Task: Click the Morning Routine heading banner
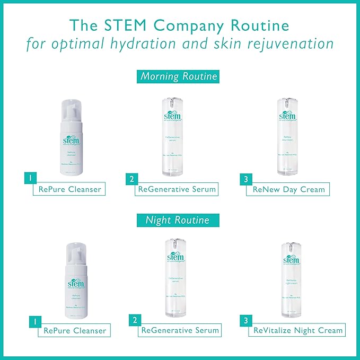tap(179, 76)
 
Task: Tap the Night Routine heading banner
tap(178, 219)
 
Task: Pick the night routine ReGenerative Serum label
tap(180, 330)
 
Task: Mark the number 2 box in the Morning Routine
tap(130, 180)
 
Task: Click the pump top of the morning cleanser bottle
tap(74, 107)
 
